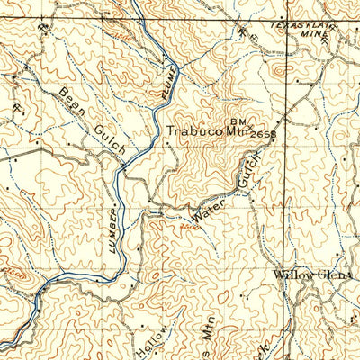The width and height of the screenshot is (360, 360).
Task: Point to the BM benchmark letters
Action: click(x=237, y=118)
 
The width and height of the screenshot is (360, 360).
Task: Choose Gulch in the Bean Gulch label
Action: click(x=108, y=139)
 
